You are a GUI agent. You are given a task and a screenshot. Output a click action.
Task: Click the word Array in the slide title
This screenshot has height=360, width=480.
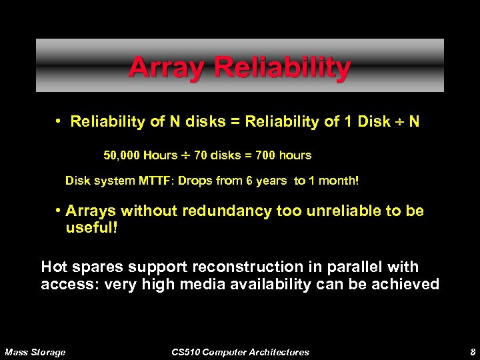coord(159,67)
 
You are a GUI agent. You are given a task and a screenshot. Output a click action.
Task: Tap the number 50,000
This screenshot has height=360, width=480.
coord(121,155)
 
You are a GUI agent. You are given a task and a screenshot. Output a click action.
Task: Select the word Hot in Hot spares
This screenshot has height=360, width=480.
coord(54,267)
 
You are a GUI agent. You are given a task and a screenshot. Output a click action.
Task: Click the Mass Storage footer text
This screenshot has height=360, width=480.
coord(35,352)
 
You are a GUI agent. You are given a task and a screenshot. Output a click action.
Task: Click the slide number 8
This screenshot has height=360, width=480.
coord(471,352)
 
